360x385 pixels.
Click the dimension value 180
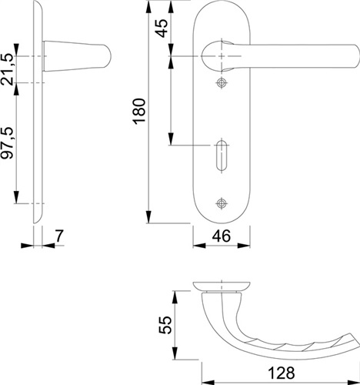[140, 111]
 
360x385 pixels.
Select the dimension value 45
[162, 28]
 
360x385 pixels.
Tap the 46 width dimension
[222, 236]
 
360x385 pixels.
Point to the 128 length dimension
[282, 373]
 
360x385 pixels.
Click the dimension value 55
[165, 325]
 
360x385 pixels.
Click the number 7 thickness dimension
[59, 236]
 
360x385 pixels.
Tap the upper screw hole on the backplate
[221, 82]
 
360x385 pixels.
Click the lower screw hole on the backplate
[221, 203]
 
